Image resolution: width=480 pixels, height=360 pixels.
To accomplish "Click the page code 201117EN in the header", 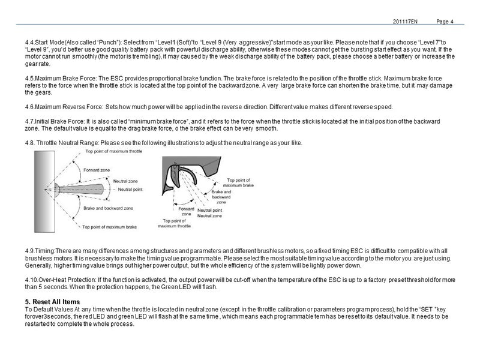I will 405,22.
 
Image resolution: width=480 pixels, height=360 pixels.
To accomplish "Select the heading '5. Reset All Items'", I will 53,301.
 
